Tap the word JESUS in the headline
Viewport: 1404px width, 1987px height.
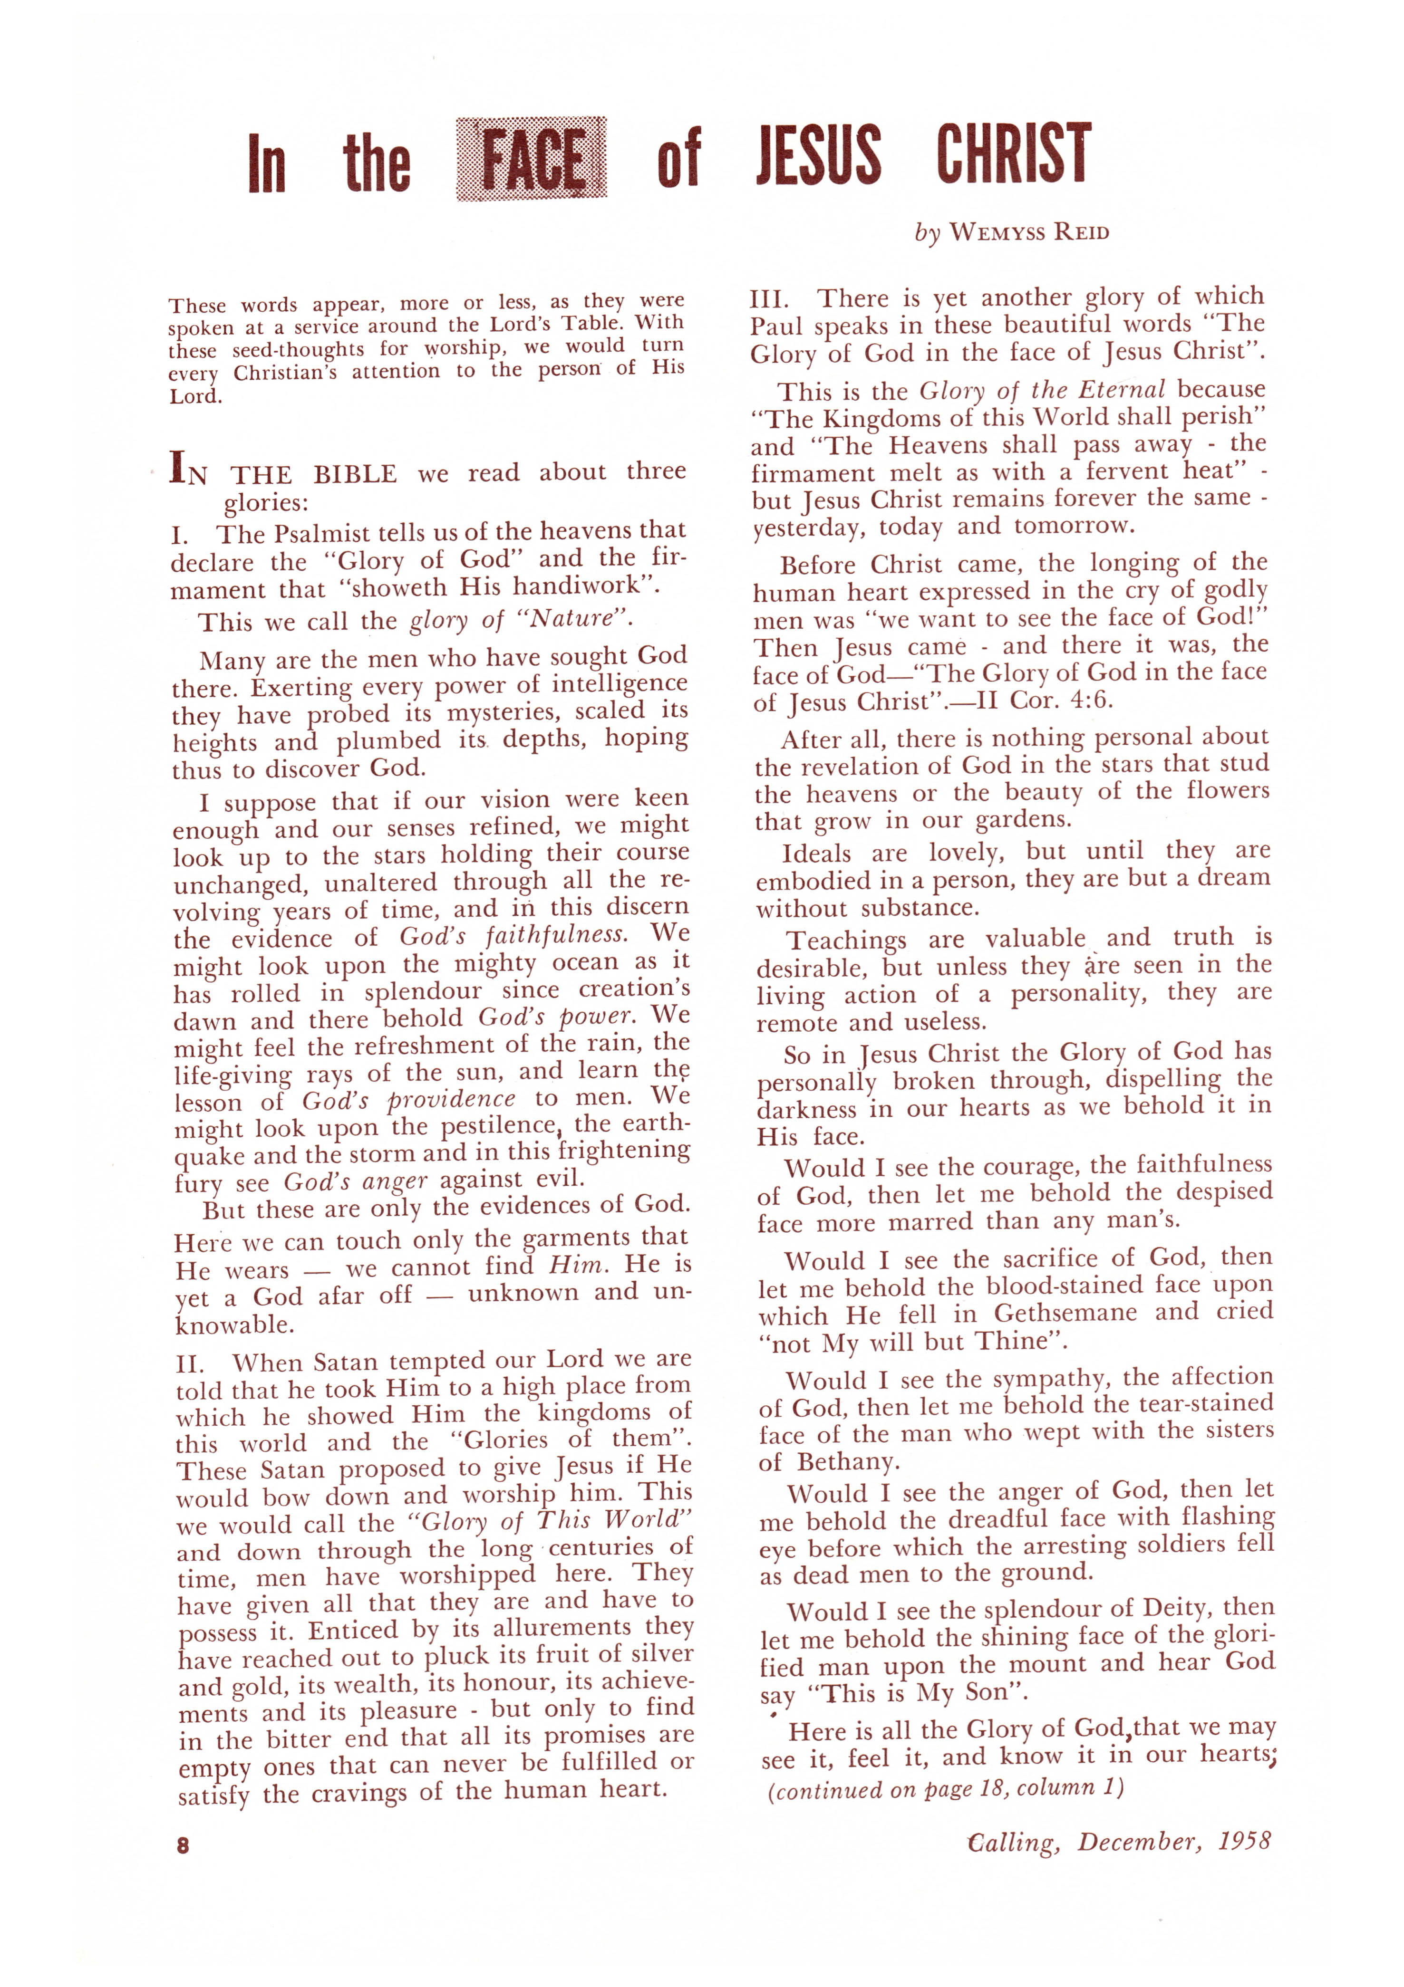point(818,156)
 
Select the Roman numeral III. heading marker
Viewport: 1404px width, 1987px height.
point(769,299)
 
